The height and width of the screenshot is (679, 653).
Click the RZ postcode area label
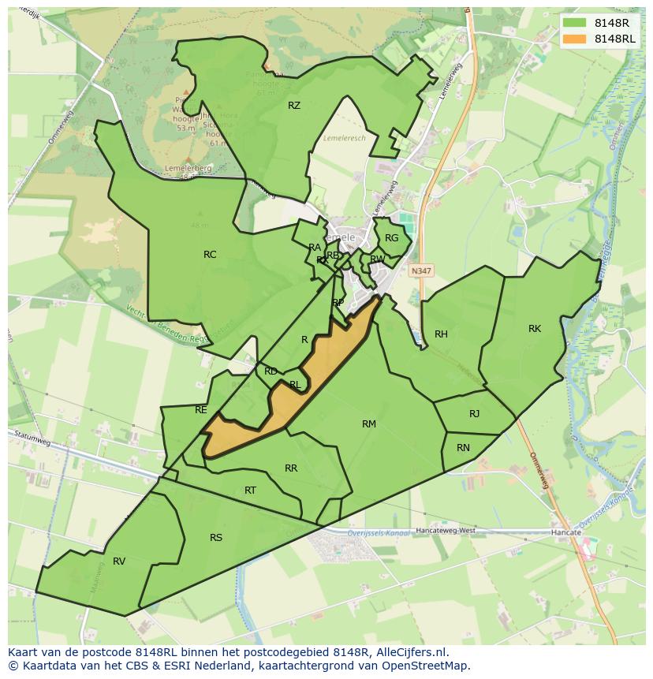(294, 106)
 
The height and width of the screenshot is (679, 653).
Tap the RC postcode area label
(210, 255)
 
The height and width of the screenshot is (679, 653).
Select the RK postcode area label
(535, 329)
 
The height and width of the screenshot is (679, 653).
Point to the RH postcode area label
(441, 334)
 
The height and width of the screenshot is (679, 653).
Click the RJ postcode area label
(474, 414)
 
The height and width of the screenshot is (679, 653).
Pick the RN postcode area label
(463, 448)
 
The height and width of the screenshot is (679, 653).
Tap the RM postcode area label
(368, 424)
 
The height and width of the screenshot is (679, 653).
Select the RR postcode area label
(291, 468)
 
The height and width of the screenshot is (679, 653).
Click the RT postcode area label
(250, 491)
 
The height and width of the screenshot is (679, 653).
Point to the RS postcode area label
(216, 538)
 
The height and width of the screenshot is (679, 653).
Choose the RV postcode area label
(119, 561)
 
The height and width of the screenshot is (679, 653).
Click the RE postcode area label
(201, 410)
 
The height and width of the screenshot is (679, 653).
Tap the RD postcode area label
(271, 371)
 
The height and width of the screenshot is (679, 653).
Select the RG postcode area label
(392, 238)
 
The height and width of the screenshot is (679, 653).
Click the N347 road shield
(420, 270)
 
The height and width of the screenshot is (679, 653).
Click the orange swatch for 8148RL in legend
(574, 39)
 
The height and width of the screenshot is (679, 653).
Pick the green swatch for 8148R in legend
(574, 23)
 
